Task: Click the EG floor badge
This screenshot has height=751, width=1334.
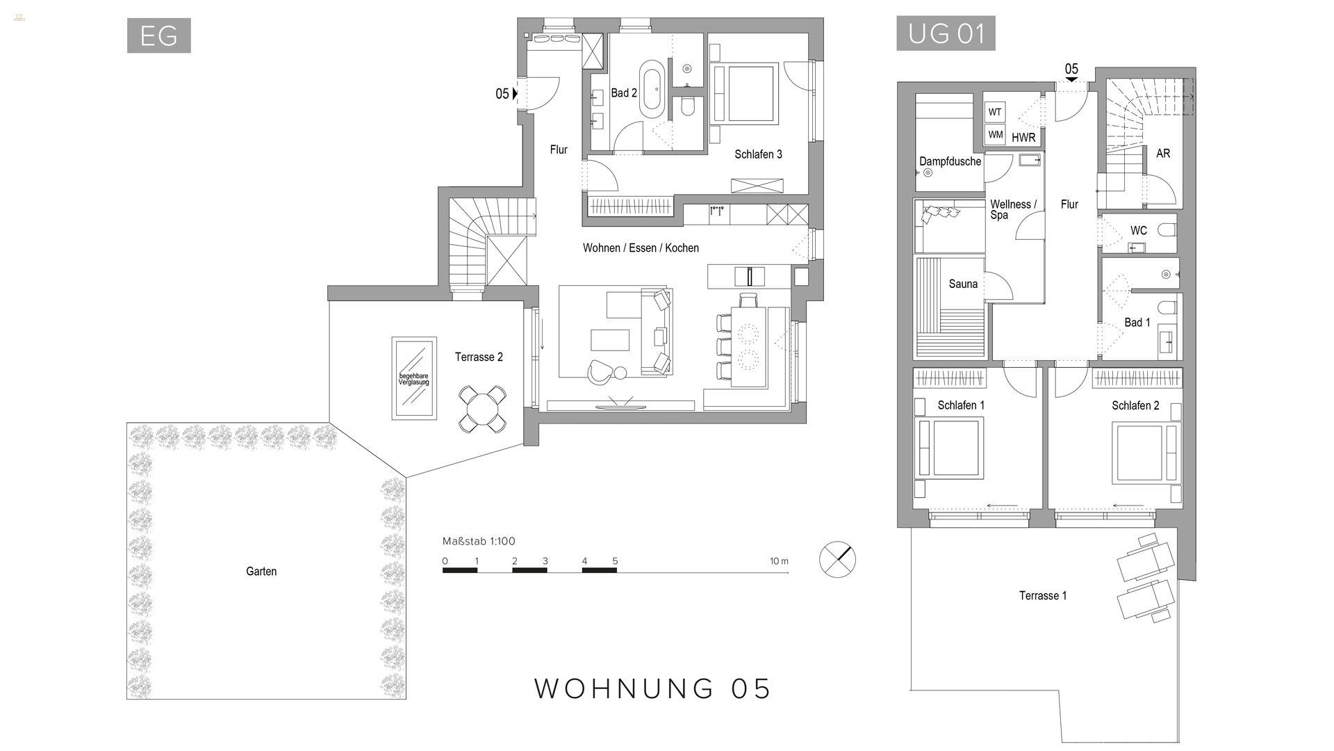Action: click(x=158, y=35)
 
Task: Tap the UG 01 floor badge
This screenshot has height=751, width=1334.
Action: click(x=946, y=33)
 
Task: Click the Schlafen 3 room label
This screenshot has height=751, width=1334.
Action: click(x=758, y=154)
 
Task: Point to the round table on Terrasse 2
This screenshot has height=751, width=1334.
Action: click(x=481, y=410)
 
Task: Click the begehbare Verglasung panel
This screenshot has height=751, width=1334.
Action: click(x=414, y=378)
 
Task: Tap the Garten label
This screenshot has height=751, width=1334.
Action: click(x=261, y=572)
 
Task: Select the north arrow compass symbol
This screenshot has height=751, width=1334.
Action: click(x=837, y=559)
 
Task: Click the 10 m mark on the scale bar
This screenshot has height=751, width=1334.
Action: click(x=779, y=561)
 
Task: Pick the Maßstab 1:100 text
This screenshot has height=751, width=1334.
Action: click(x=479, y=541)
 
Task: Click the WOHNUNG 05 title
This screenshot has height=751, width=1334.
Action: click(x=652, y=688)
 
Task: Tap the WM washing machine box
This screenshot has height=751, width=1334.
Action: click(x=995, y=135)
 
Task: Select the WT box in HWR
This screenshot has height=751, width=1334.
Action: click(x=995, y=112)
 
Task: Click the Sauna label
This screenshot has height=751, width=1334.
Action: click(x=963, y=284)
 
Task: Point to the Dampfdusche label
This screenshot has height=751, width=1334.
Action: click(x=950, y=161)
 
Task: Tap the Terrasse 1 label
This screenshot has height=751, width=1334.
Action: click(x=1042, y=595)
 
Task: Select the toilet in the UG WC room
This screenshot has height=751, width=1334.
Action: click(x=1167, y=230)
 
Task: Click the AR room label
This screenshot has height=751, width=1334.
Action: click(x=1162, y=154)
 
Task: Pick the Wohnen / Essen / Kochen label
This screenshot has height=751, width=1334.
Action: click(x=641, y=248)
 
